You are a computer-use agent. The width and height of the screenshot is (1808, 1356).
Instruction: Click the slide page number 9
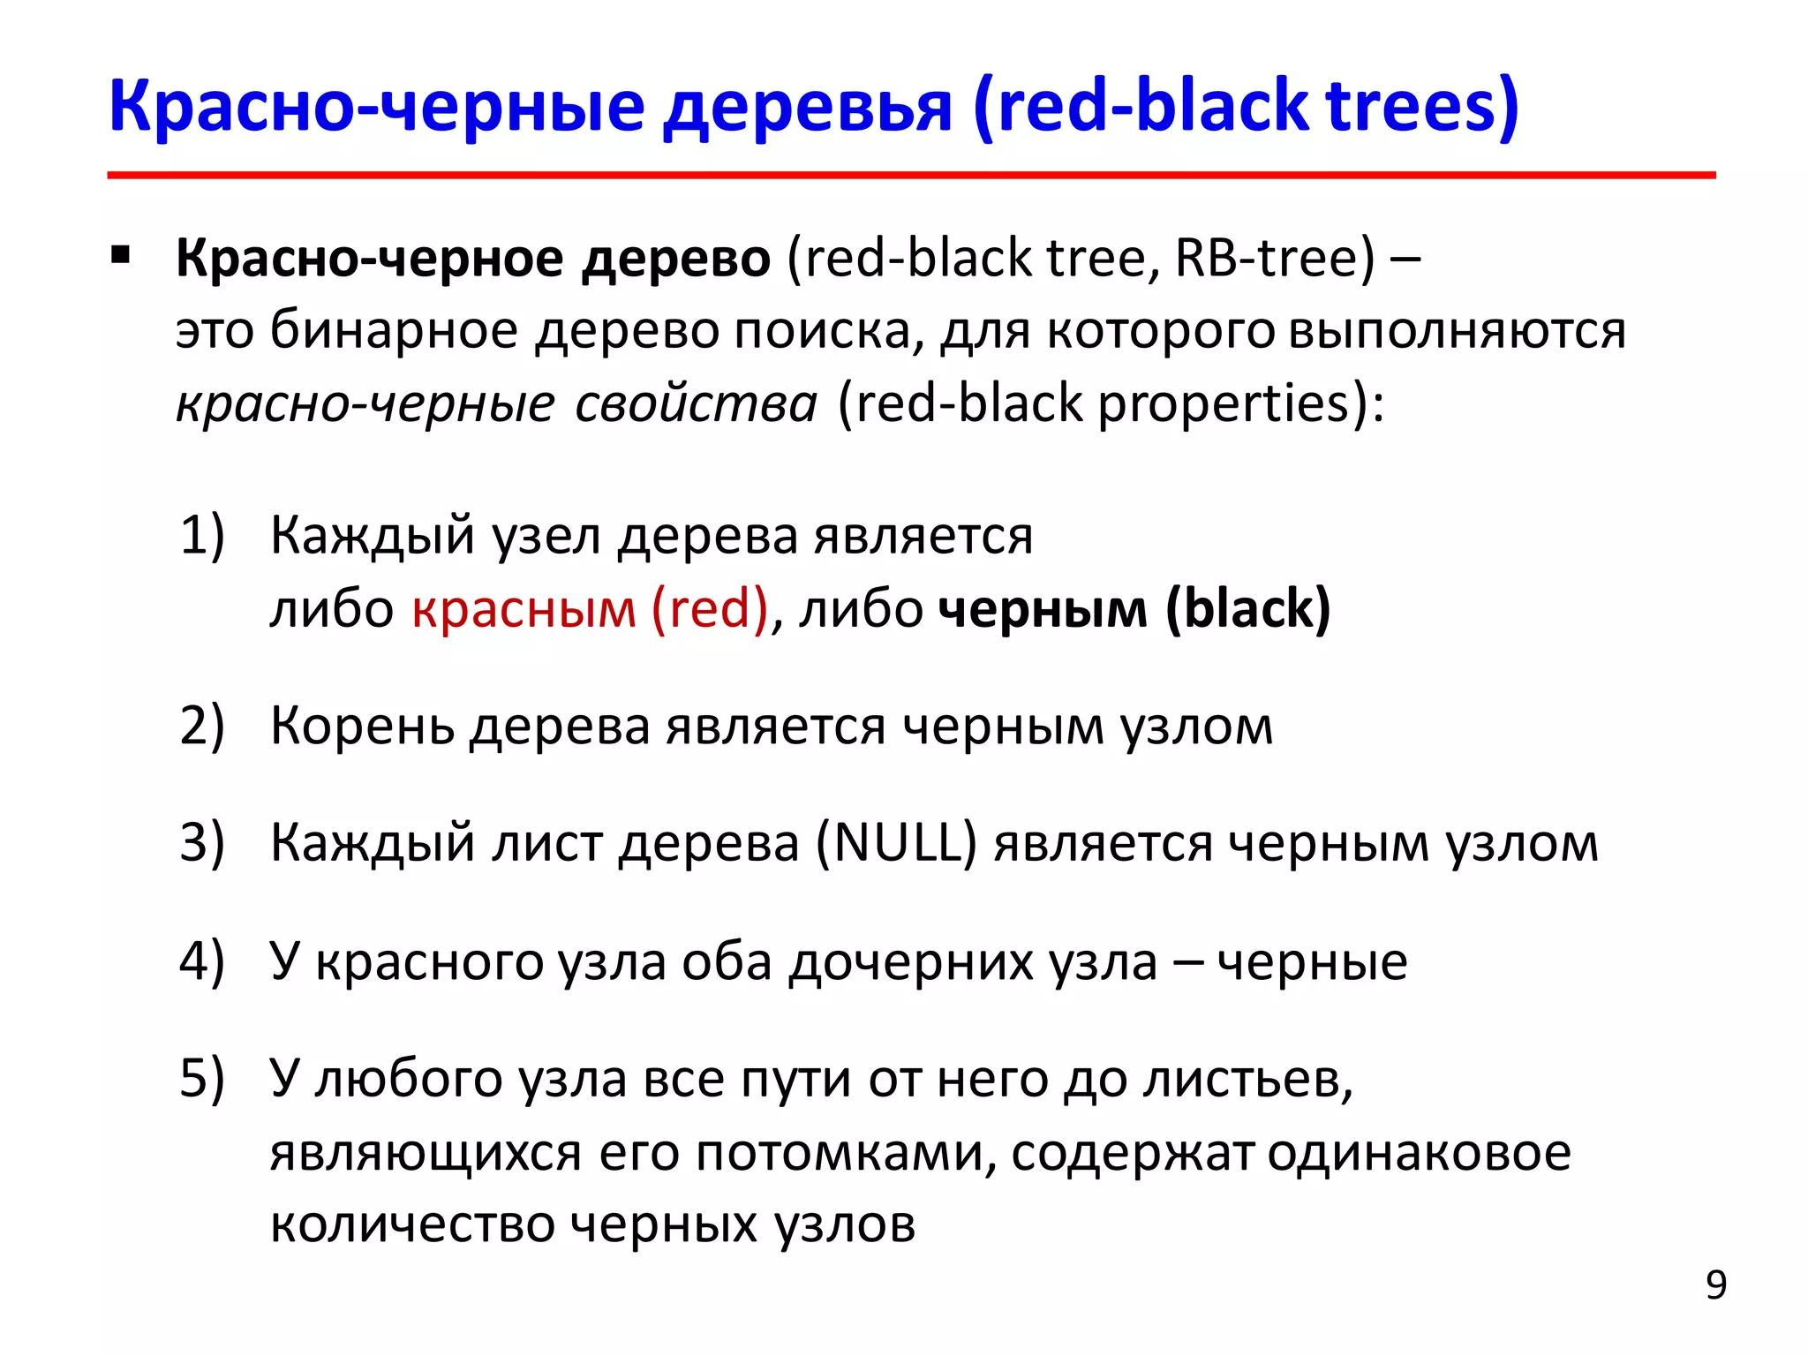(x=1715, y=1285)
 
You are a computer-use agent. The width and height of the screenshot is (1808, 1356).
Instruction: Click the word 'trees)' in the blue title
(x=1422, y=106)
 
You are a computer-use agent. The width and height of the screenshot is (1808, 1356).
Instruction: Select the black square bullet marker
(x=121, y=257)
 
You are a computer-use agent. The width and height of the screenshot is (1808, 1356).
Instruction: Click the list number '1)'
(x=202, y=536)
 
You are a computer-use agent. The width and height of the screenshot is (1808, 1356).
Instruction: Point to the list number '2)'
(x=202, y=727)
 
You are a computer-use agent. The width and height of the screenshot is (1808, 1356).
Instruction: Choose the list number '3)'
(x=202, y=843)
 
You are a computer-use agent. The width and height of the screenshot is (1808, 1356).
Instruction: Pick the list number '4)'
(x=202, y=961)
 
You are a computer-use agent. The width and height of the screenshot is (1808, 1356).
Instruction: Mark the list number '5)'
(x=202, y=1079)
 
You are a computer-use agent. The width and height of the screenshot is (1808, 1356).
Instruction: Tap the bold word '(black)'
(x=1247, y=609)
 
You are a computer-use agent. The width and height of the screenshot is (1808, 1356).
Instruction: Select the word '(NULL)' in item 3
(x=895, y=843)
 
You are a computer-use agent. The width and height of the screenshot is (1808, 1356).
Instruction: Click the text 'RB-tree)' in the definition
(x=1275, y=259)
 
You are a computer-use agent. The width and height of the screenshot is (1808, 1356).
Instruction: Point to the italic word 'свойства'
(x=697, y=403)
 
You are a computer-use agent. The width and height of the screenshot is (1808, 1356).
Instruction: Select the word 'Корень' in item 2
(x=362, y=727)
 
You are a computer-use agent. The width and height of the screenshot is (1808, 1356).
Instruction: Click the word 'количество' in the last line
(x=411, y=1224)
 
